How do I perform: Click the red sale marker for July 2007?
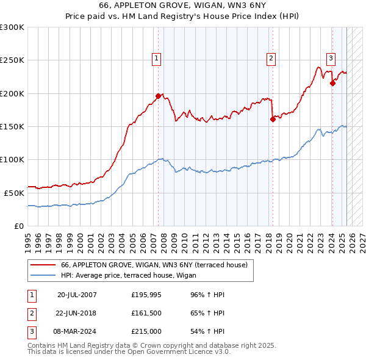pos(158,96)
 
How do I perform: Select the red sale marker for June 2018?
pos(273,120)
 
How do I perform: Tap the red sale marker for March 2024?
pos(332,84)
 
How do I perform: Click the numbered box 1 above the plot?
pos(157,59)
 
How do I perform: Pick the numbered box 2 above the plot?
pos(270,59)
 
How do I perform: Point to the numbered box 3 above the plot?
pos(331,59)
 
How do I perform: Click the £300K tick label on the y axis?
pos(12,27)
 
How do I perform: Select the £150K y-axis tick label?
pos(12,126)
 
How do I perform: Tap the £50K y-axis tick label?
pos(14,193)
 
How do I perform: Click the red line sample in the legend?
pos(43,265)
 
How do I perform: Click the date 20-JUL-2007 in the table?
pos(77,295)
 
